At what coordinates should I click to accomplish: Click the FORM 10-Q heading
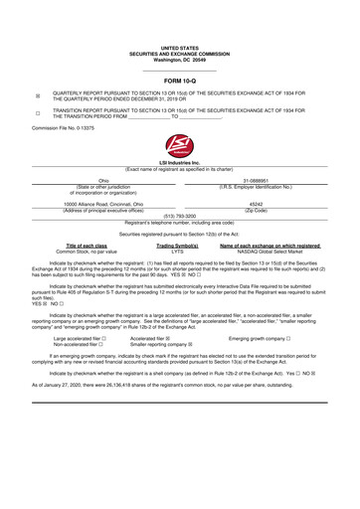(179, 79)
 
